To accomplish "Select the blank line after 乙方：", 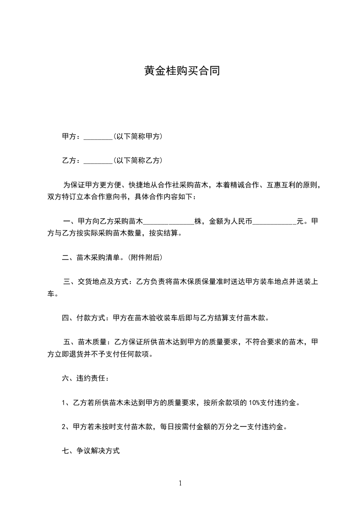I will click(98, 161).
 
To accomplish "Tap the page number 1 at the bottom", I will click(180, 483).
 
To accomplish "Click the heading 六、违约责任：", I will click(85, 378).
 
